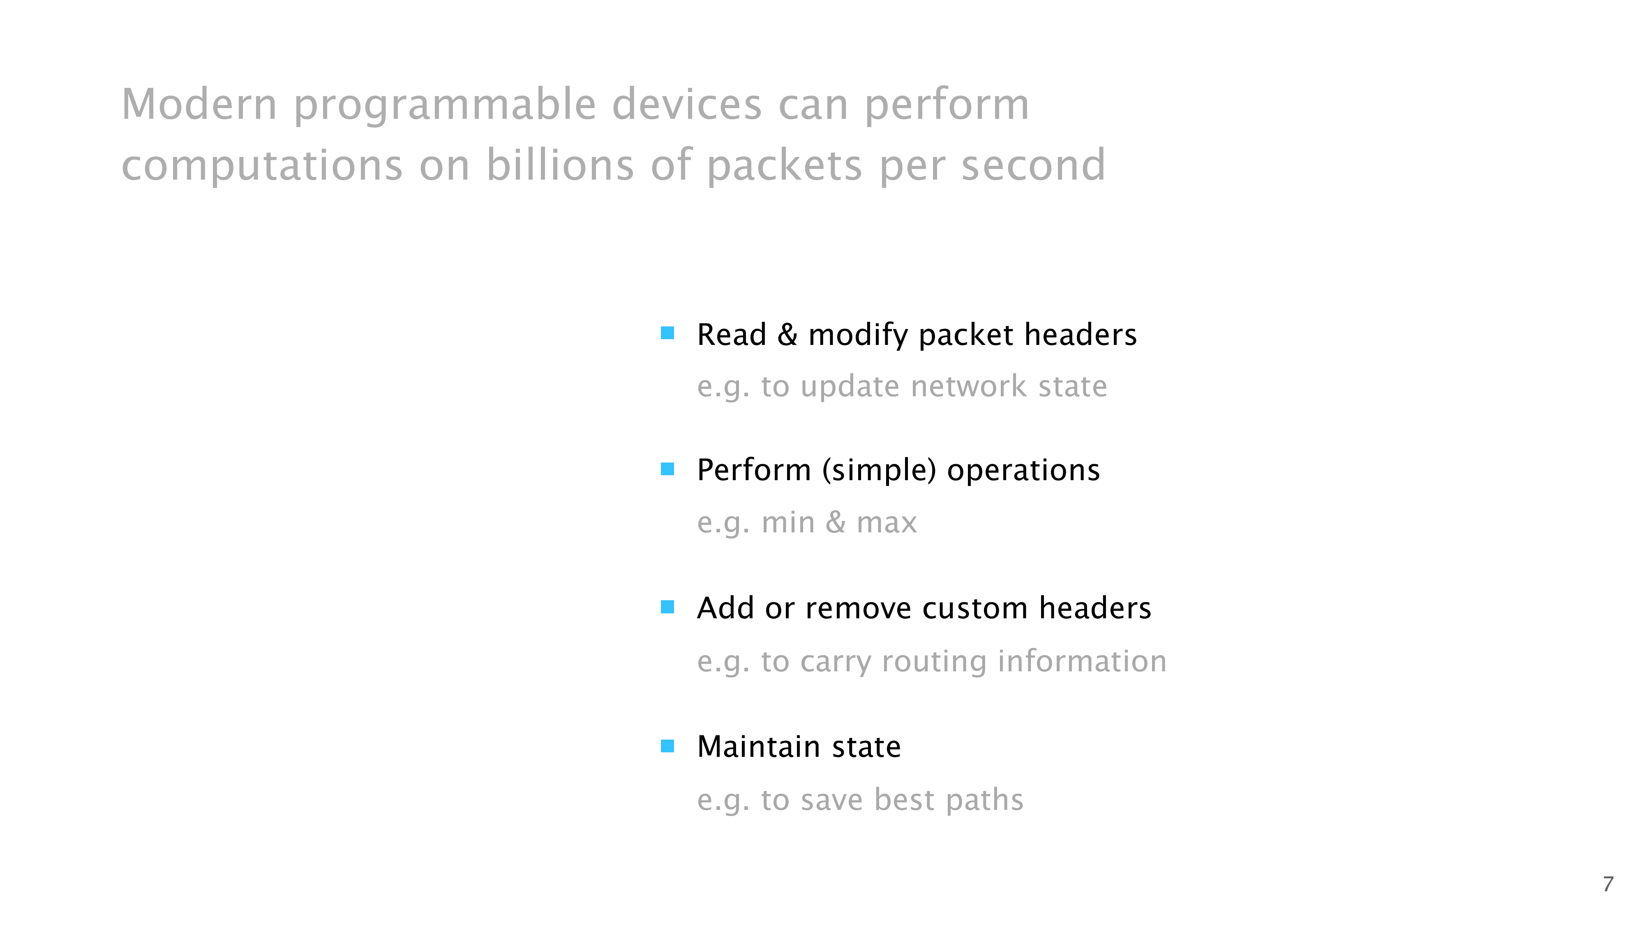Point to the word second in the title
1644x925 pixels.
pos(1033,165)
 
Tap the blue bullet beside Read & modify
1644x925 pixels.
pos(667,333)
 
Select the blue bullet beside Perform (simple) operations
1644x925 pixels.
pos(667,469)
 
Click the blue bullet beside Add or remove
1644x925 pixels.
pos(667,607)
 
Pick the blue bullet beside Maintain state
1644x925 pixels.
pos(667,746)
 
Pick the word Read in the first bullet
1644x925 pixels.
pos(732,335)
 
